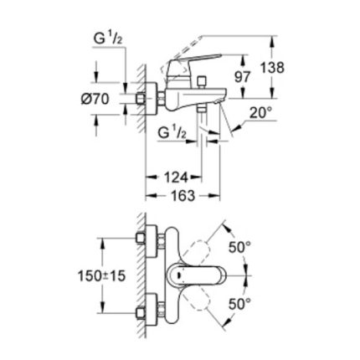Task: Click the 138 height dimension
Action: pyautogui.click(x=272, y=68)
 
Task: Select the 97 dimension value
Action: pyautogui.click(x=242, y=77)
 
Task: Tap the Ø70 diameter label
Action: pyautogui.click(x=95, y=99)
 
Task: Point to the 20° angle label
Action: pyautogui.click(x=260, y=113)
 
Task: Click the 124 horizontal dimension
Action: pyautogui.click(x=175, y=177)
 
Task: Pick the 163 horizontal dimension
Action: pyautogui.click(x=183, y=195)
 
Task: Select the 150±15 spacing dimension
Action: pyautogui.click(x=101, y=276)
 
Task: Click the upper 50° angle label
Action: pyautogui.click(x=239, y=247)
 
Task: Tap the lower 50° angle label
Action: pyautogui.click(x=239, y=304)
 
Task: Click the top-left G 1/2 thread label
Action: pyautogui.click(x=108, y=39)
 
